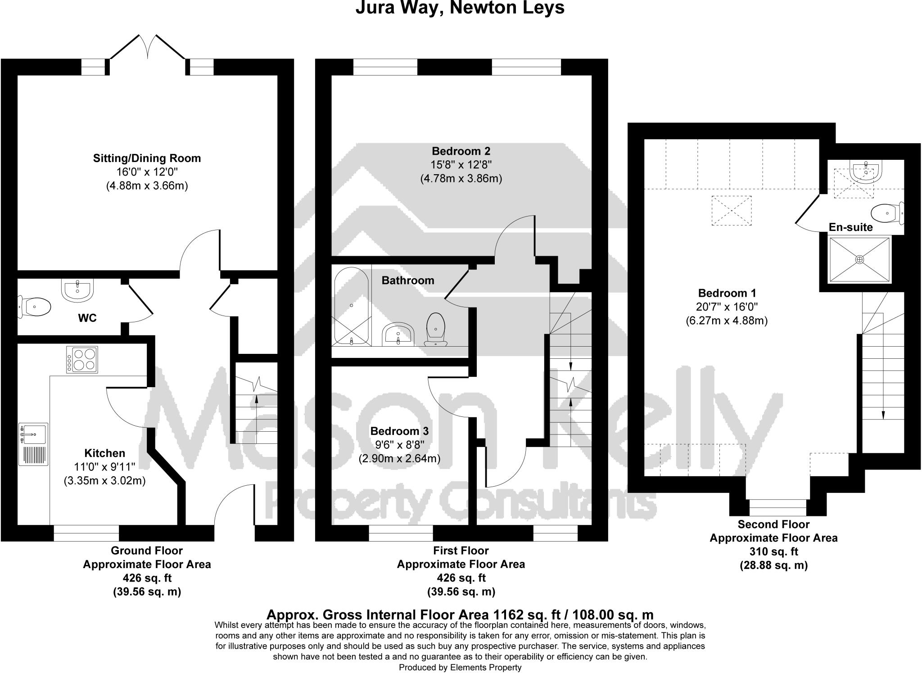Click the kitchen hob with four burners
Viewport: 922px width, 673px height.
click(x=82, y=359)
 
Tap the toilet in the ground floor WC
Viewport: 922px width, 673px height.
click(x=35, y=307)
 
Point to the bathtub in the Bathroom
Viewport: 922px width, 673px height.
click(x=352, y=306)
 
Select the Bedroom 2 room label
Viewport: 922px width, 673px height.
click(x=461, y=151)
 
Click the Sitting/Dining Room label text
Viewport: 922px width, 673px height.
click(x=147, y=158)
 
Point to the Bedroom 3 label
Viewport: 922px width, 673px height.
click(x=399, y=431)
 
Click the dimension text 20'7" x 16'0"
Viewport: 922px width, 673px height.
click(x=727, y=307)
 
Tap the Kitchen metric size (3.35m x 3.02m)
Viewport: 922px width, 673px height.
click(x=104, y=481)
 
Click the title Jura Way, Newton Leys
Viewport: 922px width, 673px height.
click(x=460, y=8)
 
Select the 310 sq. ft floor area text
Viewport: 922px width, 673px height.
click(x=773, y=551)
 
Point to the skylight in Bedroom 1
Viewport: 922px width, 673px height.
click(x=731, y=211)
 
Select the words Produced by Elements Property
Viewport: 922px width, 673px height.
click(x=460, y=668)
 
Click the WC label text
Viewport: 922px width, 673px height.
click(x=87, y=318)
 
